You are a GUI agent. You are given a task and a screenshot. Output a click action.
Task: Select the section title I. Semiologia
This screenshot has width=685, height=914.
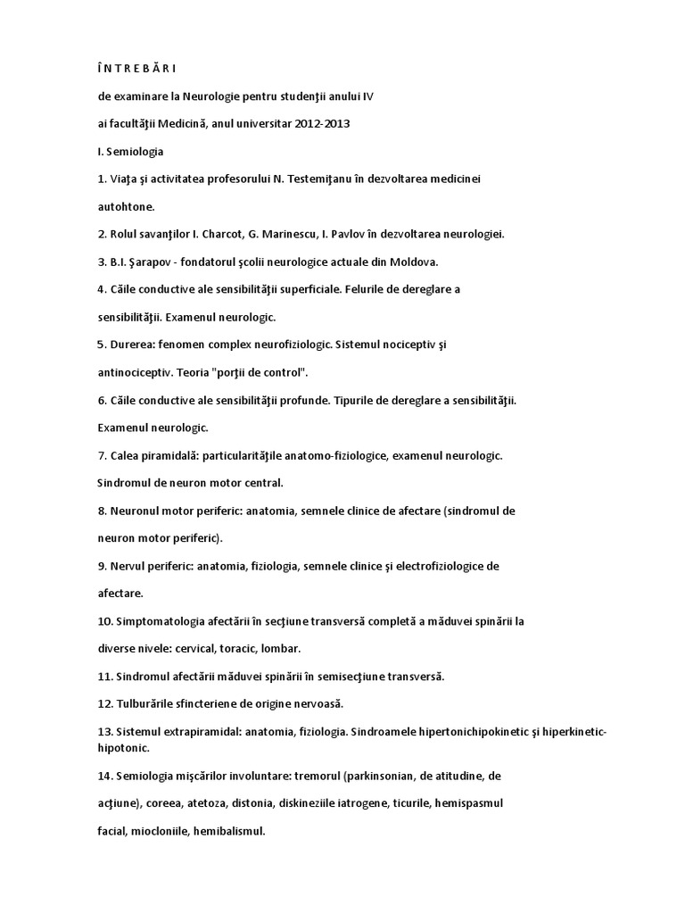point(130,151)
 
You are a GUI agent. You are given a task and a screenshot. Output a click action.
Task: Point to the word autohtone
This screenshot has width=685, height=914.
point(125,206)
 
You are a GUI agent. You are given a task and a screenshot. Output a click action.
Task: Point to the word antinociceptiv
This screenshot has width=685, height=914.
point(136,372)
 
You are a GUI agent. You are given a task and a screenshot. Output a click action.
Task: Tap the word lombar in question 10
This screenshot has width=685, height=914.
point(283,649)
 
